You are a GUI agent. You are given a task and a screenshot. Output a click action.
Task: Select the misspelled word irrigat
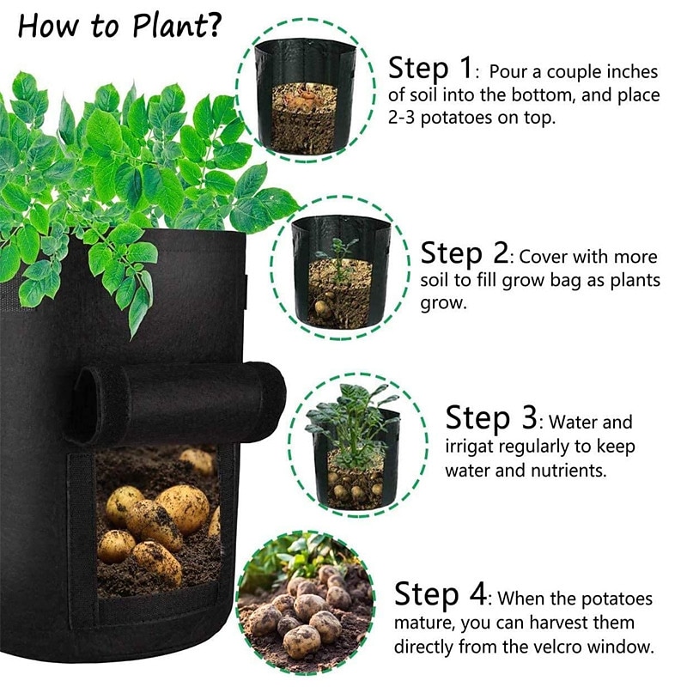click(x=474, y=447)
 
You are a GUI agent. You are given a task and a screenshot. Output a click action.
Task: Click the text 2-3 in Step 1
click(x=410, y=118)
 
